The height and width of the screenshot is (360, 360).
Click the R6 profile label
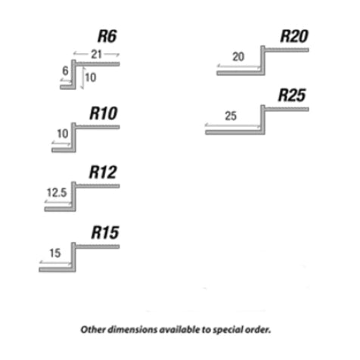click(x=107, y=36)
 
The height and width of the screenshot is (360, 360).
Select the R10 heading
click(x=104, y=113)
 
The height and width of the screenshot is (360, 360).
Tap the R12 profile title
click(x=103, y=172)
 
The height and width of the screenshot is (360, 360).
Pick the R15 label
click(x=105, y=232)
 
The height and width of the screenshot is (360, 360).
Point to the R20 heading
click(x=294, y=36)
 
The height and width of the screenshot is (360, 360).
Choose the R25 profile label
click(x=292, y=95)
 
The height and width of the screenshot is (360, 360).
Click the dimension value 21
click(x=96, y=54)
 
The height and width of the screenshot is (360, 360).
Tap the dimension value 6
click(x=65, y=71)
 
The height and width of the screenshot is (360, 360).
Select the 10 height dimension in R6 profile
click(x=91, y=78)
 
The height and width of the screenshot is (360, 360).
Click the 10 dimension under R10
click(x=63, y=134)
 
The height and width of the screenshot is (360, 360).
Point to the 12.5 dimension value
click(x=57, y=193)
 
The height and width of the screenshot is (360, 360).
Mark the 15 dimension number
click(x=55, y=253)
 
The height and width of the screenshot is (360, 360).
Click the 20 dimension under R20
click(x=238, y=57)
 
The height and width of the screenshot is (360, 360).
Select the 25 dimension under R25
click(x=231, y=116)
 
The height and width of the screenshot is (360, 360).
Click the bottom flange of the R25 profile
click(x=235, y=132)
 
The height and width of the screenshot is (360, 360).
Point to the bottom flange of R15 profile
click(x=57, y=270)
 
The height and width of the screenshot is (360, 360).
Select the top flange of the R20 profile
click(x=287, y=50)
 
